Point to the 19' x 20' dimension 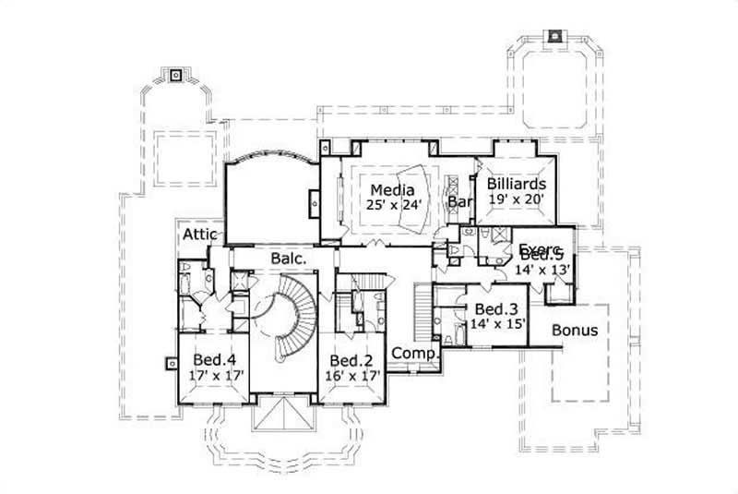point(516,199)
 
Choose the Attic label point(199,235)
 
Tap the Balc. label point(289,259)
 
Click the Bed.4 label point(214,360)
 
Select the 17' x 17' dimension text point(214,376)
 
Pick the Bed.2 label point(351,360)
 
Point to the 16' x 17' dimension point(351,376)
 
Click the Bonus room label point(574,330)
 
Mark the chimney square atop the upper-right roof point(554,37)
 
